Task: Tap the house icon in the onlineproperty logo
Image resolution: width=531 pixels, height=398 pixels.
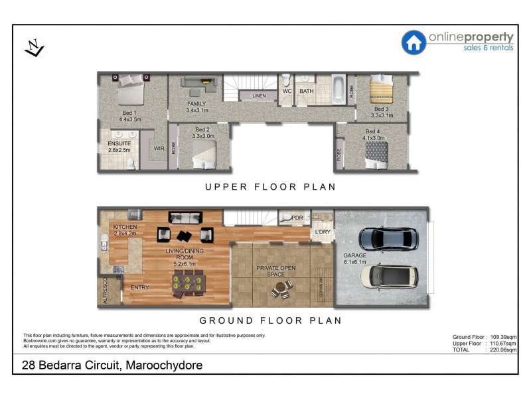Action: point(414,42)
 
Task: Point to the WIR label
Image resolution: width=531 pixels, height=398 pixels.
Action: point(159,149)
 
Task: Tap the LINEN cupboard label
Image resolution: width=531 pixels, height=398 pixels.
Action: point(259,96)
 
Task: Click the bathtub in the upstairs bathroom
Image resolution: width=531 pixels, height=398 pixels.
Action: point(337,90)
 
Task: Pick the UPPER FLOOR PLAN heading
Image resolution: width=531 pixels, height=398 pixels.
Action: point(270,187)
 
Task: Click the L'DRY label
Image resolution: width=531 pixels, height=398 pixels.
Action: point(323,232)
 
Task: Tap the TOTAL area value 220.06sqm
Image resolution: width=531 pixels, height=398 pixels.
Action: point(502,350)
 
